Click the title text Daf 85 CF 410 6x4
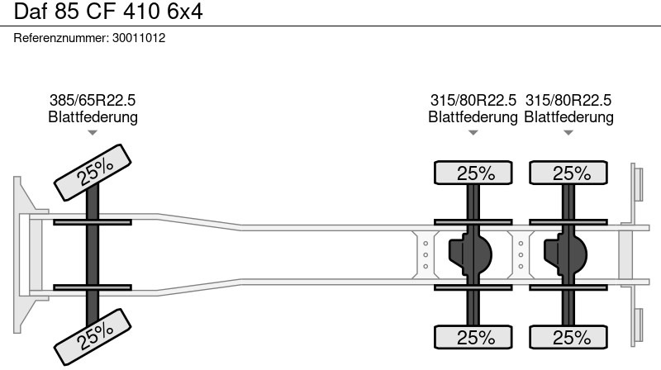108,12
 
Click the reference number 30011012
139,38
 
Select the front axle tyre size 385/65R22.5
93,100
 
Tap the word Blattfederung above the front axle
93,116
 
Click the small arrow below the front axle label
93,133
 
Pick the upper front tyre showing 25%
93,173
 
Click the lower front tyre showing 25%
93,337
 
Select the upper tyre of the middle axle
473,173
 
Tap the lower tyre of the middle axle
473,337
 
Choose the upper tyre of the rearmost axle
568,173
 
